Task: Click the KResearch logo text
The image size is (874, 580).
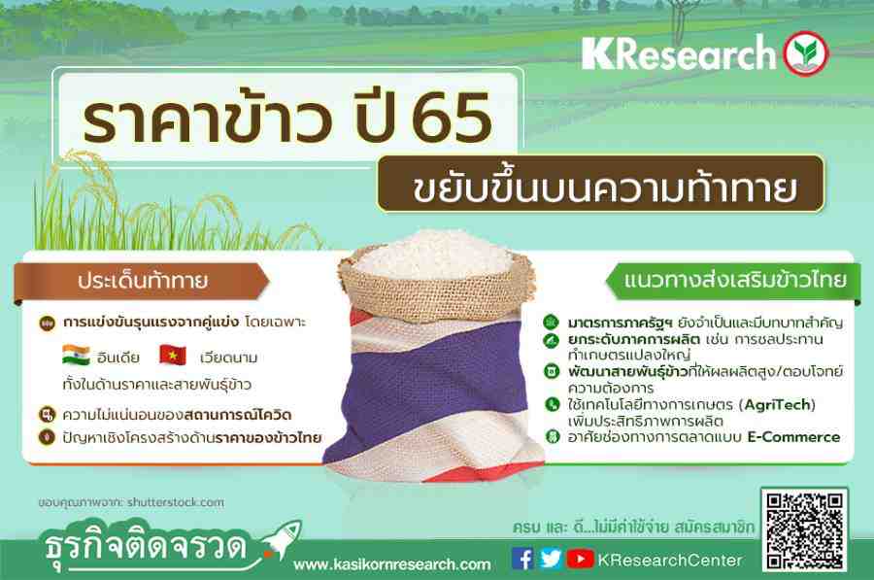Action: pyautogui.click(x=679, y=53)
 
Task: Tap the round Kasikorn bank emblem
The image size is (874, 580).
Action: pyautogui.click(x=805, y=53)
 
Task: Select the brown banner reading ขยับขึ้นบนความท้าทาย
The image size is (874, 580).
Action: pyautogui.click(x=600, y=185)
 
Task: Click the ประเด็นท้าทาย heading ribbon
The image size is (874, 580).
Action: pyautogui.click(x=142, y=281)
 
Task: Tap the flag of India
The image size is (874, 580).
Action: pyautogui.click(x=76, y=356)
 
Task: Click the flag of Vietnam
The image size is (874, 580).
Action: pyautogui.click(x=173, y=356)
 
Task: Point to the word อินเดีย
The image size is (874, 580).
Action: pyautogui.click(x=118, y=357)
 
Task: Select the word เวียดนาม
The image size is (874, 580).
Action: pyautogui.click(x=228, y=357)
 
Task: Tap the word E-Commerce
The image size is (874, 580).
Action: pyautogui.click(x=793, y=437)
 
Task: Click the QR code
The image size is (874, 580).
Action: pyautogui.click(x=804, y=530)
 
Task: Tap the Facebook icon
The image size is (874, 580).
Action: pyautogui.click(x=522, y=559)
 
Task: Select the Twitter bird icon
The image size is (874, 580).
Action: pyautogui.click(x=551, y=559)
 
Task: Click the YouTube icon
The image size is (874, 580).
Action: pyautogui.click(x=581, y=559)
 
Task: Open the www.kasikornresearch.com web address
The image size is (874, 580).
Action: pyautogui.click(x=392, y=564)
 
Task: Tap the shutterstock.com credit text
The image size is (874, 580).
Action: pyautogui.click(x=176, y=502)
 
